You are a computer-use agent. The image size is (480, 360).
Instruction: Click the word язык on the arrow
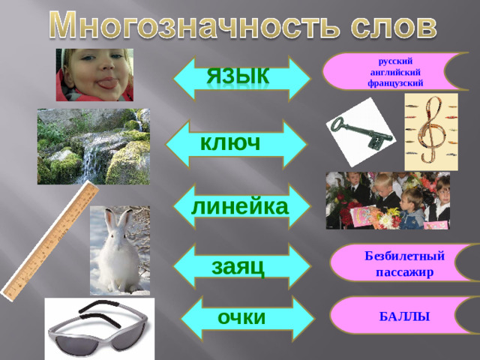pos(239,76)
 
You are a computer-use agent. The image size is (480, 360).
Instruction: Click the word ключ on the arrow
pos(230,142)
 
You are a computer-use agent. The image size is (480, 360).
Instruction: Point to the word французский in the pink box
pos(395,83)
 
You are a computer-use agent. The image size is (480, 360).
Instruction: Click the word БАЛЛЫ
pos(404,317)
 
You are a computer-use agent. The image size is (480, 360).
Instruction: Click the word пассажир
pos(405,271)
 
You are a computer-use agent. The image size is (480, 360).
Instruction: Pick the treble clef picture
pos(430,132)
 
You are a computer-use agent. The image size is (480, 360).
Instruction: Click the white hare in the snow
pos(120,251)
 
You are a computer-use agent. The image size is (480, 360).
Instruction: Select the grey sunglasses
pos(97,330)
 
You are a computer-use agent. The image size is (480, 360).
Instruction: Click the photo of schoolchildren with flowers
pos(387,201)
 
